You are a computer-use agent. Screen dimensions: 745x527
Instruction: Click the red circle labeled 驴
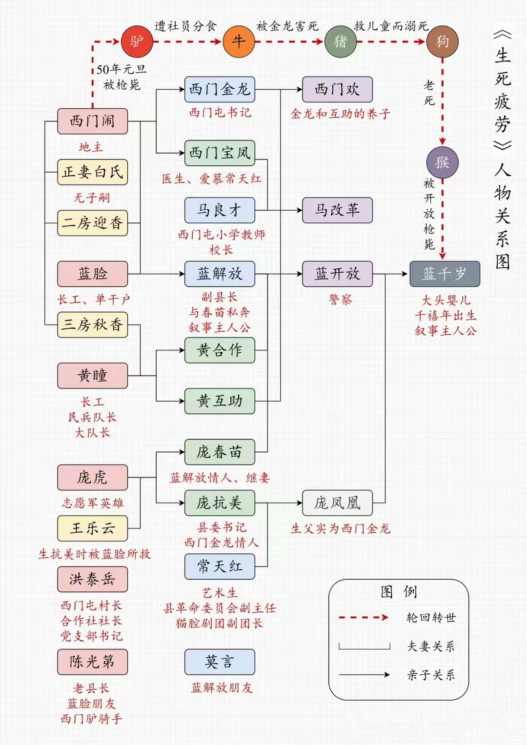[137, 41]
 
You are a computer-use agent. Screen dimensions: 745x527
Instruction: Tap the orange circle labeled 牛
[239, 41]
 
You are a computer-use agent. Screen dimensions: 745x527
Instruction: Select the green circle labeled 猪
[340, 41]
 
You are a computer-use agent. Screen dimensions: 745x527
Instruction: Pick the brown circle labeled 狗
[442, 41]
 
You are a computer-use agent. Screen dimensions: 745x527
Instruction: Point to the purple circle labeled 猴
[442, 162]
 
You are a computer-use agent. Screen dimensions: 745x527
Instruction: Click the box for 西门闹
[92, 121]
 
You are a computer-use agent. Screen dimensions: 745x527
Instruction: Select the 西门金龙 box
[220, 89]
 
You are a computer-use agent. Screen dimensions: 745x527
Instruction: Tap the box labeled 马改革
[337, 210]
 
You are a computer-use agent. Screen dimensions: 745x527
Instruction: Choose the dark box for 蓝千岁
[444, 274]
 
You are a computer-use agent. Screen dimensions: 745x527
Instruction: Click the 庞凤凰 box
[337, 503]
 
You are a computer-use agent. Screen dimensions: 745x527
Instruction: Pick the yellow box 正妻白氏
[92, 172]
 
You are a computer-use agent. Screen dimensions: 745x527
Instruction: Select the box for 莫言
[220, 662]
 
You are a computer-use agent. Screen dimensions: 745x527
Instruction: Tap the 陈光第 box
[92, 662]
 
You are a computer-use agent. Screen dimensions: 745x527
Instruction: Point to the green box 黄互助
[220, 401]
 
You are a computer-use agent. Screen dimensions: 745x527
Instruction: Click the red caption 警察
[340, 300]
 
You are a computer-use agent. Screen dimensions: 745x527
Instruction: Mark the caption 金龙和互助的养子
[340, 114]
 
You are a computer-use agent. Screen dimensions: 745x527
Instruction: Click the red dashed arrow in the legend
[364, 618]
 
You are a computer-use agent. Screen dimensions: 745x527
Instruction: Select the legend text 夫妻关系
[431, 646]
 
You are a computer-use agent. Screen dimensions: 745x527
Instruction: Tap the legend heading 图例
[399, 592]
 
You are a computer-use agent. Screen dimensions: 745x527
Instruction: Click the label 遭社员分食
[185, 26]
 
